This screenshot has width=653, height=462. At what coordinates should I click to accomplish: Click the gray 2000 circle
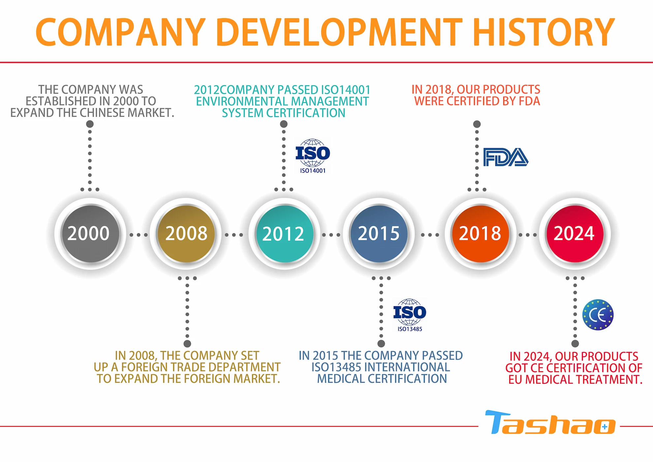(x=90, y=234)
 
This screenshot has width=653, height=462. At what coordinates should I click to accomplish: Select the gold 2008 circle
(x=186, y=234)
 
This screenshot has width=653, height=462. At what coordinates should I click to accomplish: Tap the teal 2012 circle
(x=284, y=234)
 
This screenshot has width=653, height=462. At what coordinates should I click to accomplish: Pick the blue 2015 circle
(x=379, y=234)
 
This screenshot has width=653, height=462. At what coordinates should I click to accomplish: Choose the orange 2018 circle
(x=480, y=234)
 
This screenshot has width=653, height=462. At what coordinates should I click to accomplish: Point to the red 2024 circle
(x=575, y=234)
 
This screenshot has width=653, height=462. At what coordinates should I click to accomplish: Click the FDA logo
(x=506, y=157)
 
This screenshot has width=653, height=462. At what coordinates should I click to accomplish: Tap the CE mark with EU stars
(x=598, y=315)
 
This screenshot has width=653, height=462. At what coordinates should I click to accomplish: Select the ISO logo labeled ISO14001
(x=313, y=156)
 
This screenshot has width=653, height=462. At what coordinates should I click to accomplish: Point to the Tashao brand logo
(x=550, y=422)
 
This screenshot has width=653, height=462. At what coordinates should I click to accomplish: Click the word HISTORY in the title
(x=544, y=32)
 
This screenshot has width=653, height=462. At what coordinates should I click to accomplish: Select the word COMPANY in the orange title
(x=120, y=32)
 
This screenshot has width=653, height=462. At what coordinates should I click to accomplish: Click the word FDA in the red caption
(x=529, y=101)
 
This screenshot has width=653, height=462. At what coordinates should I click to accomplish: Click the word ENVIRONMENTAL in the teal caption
(x=240, y=101)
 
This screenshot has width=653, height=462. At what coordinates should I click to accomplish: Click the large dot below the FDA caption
(x=477, y=124)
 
